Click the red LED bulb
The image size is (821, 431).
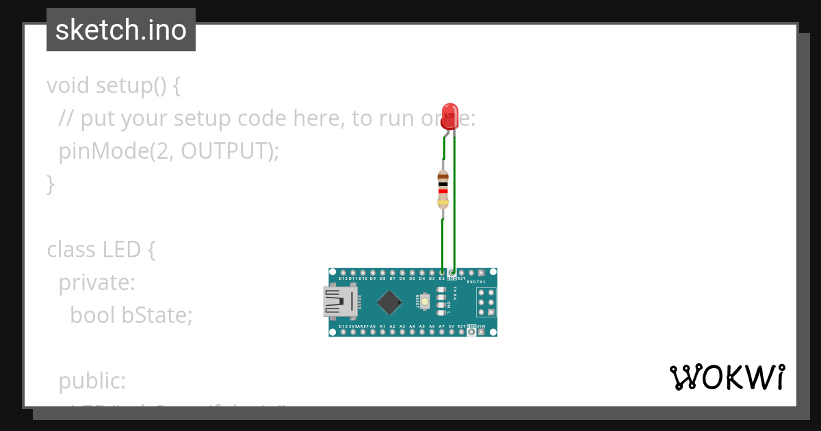[449, 116]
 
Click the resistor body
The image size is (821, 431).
[443, 190]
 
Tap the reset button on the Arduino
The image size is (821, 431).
[425, 302]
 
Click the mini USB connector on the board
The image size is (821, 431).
[341, 302]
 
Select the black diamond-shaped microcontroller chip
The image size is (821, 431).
[389, 302]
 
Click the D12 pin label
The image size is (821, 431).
[343, 279]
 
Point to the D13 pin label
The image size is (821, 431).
[343, 326]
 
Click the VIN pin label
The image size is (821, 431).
[482, 326]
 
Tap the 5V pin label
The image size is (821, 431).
[452, 326]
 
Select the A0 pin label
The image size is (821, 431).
[373, 326]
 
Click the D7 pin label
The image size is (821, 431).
[392, 279]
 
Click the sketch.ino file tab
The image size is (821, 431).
[121, 30]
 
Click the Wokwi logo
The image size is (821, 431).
[727, 377]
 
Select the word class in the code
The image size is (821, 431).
[71, 250]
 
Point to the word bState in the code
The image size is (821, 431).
[157, 315]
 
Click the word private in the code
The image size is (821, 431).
[96, 282]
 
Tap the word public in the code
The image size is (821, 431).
[92, 381]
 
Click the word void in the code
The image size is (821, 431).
[68, 86]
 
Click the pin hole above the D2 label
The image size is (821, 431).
[442, 272]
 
